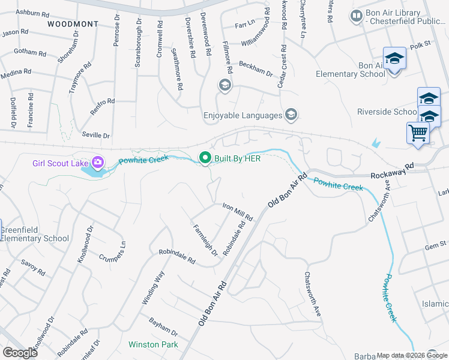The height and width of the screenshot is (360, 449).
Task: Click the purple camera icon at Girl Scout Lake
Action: (x=97, y=163)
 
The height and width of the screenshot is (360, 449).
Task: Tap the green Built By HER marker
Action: (x=205, y=158)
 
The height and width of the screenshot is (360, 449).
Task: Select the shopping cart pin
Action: (x=418, y=133)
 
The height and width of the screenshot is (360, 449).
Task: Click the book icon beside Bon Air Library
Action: (x=357, y=15)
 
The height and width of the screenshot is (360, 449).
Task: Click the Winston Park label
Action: (x=153, y=344)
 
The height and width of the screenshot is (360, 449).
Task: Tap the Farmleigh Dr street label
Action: (x=205, y=240)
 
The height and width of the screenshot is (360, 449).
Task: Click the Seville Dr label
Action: (x=97, y=136)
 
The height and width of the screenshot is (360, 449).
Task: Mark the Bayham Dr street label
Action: (x=163, y=328)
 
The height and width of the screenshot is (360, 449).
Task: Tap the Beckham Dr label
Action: (x=256, y=69)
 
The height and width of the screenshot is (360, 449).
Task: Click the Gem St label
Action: (x=436, y=245)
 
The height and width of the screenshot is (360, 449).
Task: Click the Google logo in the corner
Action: (x=20, y=353)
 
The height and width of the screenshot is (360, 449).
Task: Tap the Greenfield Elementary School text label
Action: (x=34, y=234)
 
